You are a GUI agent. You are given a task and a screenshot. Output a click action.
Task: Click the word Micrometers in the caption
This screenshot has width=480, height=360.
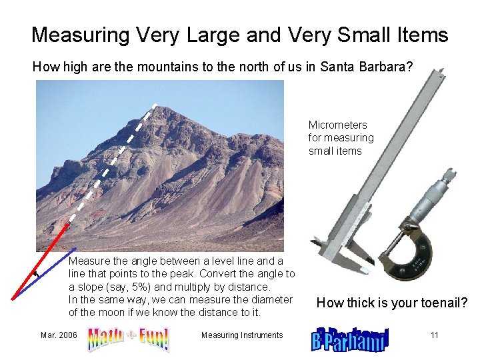click(337, 125)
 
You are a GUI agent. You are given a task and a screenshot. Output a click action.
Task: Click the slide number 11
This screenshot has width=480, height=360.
click(434, 335)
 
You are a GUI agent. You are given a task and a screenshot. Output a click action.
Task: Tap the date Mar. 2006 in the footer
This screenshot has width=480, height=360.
click(59, 335)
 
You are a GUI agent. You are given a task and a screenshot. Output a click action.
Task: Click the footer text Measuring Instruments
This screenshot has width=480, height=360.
click(242, 335)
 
